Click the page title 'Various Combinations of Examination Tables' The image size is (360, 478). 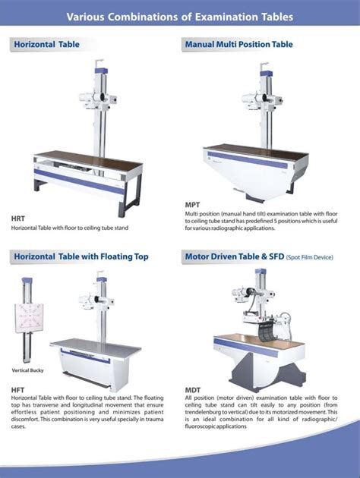pyautogui.click(x=179, y=17)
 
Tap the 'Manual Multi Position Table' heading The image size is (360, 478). pyautogui.click(x=238, y=45)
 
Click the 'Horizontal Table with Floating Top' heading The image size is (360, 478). pyautogui.click(x=81, y=256)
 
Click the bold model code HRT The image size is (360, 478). pyautogui.click(x=18, y=219)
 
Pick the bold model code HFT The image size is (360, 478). pyautogui.click(x=18, y=390)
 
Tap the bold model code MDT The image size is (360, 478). pyautogui.click(x=193, y=390)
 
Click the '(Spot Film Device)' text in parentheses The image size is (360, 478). pyautogui.click(x=311, y=257)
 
